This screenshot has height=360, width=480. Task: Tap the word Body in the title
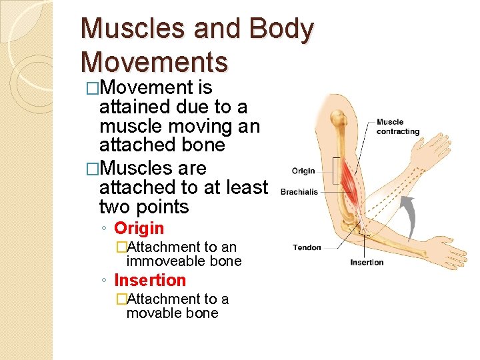(x=281, y=30)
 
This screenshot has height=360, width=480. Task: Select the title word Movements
(x=154, y=61)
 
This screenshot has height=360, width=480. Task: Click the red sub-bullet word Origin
(x=139, y=228)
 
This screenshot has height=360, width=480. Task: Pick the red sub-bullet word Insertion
(x=150, y=280)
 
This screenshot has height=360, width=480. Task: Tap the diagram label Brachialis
(x=300, y=192)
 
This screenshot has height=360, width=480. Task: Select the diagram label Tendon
(x=307, y=248)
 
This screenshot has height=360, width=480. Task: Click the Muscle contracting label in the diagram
(x=398, y=127)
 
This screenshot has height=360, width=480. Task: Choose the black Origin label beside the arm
(x=303, y=171)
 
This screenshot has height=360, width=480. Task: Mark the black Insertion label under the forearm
(x=367, y=262)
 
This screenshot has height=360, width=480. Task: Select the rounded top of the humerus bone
(x=340, y=120)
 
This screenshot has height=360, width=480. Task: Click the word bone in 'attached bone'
(x=207, y=145)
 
